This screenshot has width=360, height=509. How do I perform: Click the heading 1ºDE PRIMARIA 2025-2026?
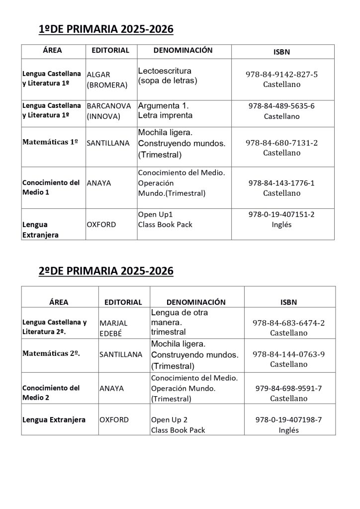(106, 30)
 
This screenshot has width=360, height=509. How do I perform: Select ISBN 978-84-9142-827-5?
(281, 75)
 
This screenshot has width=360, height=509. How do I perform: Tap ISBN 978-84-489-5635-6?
(281, 106)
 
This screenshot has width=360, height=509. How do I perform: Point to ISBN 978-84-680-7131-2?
(281, 143)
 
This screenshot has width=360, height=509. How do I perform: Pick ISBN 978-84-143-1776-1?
(281, 183)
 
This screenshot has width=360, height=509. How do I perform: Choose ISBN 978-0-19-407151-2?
(281, 214)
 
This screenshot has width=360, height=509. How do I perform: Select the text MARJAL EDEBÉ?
(113, 328)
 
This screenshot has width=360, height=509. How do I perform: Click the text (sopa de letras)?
(168, 81)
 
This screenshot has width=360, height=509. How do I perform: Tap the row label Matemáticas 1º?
(50, 142)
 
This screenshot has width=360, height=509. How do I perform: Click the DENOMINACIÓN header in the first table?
(183, 51)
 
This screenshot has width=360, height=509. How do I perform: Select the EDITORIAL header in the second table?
(123, 302)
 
